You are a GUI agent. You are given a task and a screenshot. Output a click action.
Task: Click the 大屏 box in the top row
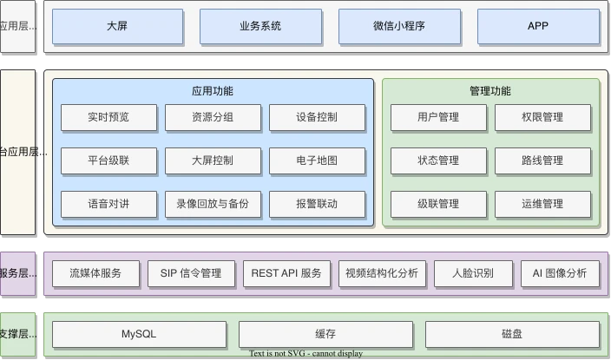pos(117,26)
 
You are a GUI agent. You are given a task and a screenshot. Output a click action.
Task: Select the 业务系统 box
pos(260,26)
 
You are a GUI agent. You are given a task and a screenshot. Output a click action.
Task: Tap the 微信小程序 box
pos(399,26)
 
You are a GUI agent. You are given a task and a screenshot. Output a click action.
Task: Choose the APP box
pos(538,26)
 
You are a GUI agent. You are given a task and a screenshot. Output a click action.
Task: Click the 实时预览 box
pos(108,117)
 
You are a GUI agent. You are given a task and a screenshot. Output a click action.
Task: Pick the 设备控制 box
pos(317,117)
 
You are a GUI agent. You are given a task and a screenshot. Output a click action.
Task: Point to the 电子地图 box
pos(317,160)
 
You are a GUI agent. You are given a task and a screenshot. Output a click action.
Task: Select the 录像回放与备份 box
pos(213,204)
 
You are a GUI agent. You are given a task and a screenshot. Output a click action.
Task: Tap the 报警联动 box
pos(317,204)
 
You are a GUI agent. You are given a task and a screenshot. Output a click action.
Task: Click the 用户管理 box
pos(438,117)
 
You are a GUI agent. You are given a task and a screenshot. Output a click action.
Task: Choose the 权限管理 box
pos(542,117)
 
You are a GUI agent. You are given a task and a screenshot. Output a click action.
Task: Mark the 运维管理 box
pos(542,204)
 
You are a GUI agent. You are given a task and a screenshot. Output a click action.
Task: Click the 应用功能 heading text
pos(213,91)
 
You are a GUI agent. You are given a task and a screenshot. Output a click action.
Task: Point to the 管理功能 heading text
pos(490,91)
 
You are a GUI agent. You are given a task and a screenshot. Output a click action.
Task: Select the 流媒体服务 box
pos(95,273)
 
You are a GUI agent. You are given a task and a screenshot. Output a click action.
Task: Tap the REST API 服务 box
pos(286,273)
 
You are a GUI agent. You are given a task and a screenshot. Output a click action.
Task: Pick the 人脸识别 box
pos(473,273)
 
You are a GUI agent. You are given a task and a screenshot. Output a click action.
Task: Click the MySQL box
pos(139,334)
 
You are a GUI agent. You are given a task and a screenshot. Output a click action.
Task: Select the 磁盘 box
pos(512,334)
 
